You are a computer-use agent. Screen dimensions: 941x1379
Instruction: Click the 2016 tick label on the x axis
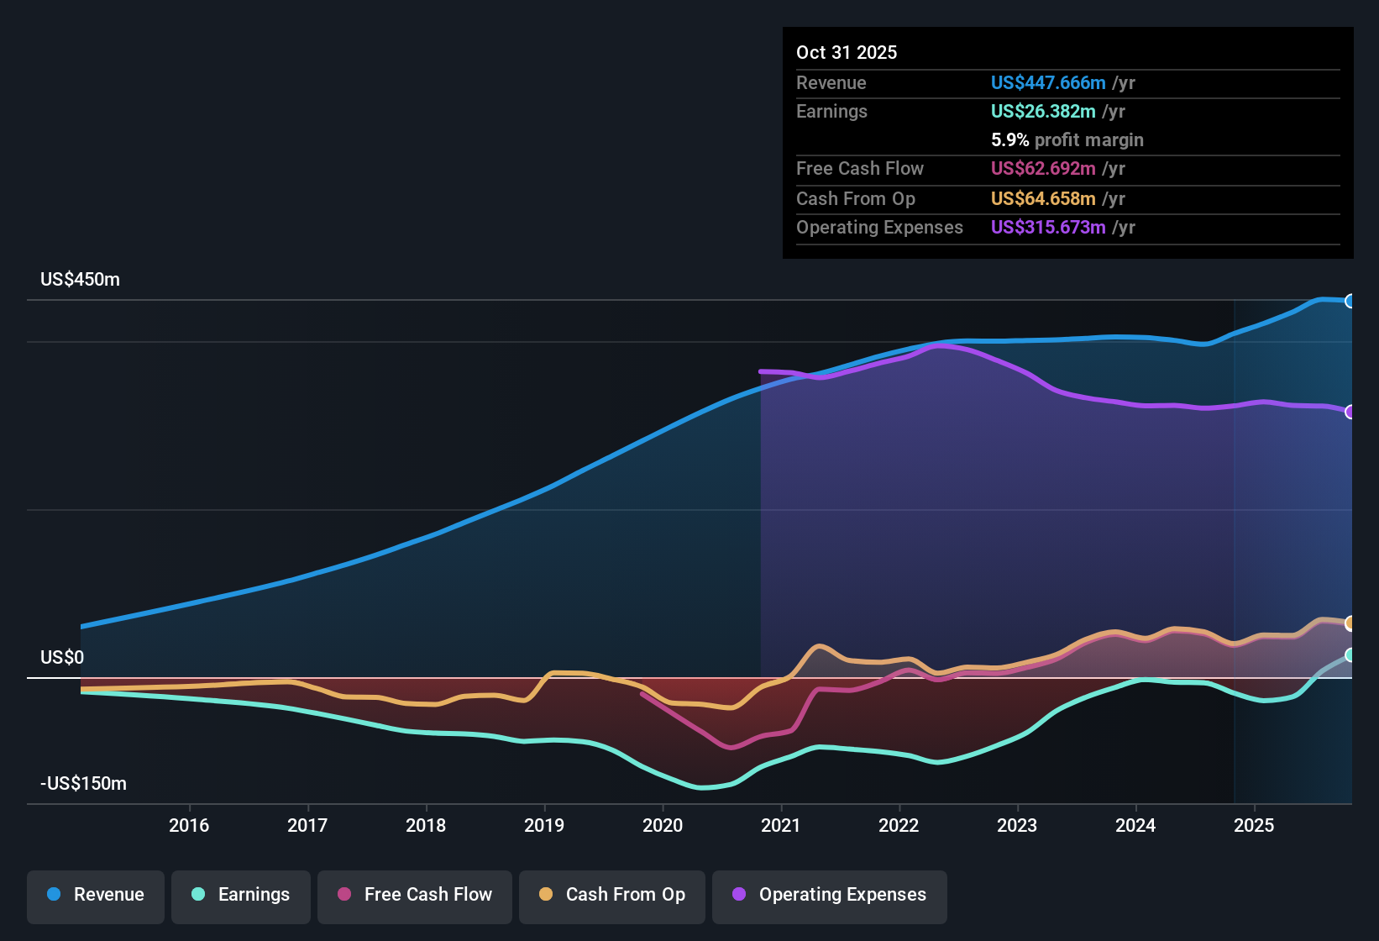pyautogui.click(x=189, y=825)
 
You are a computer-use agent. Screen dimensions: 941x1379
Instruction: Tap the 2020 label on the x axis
pyautogui.click(x=663, y=825)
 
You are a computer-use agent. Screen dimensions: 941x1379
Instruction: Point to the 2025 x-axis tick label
pyautogui.click(x=1254, y=825)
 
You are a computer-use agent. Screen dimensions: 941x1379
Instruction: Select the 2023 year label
pyautogui.click(x=1017, y=825)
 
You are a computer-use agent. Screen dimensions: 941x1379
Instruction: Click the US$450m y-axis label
pyautogui.click(x=80, y=280)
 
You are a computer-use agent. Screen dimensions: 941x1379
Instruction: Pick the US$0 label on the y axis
pyautogui.click(x=62, y=657)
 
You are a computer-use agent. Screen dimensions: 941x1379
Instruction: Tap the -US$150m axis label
pyautogui.click(x=83, y=783)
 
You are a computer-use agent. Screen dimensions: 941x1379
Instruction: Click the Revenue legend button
pyautogui.click(x=96, y=895)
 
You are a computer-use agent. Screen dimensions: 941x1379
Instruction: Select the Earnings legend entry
pyautogui.click(x=241, y=895)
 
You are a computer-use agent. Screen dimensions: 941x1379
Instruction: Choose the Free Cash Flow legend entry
pyautogui.click(x=415, y=895)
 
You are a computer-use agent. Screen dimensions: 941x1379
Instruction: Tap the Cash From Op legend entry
pyautogui.click(x=612, y=895)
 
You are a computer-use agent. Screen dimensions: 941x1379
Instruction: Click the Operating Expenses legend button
pyautogui.click(x=830, y=895)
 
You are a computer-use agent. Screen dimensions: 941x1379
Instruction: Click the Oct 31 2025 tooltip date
pyautogui.click(x=847, y=52)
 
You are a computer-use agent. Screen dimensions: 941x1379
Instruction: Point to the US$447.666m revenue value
pyautogui.click(x=1048, y=82)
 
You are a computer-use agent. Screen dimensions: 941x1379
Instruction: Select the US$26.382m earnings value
pyautogui.click(x=1043, y=111)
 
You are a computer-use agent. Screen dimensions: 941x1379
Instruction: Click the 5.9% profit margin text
pyautogui.click(x=1067, y=139)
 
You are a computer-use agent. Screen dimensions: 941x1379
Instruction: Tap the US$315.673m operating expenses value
pyautogui.click(x=1048, y=227)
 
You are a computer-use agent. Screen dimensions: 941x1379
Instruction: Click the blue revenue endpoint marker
pyautogui.click(x=1350, y=301)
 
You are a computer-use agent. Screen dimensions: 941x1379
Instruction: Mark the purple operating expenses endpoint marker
pyautogui.click(x=1350, y=412)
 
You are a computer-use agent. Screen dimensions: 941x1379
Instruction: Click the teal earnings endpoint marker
pyautogui.click(x=1350, y=654)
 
